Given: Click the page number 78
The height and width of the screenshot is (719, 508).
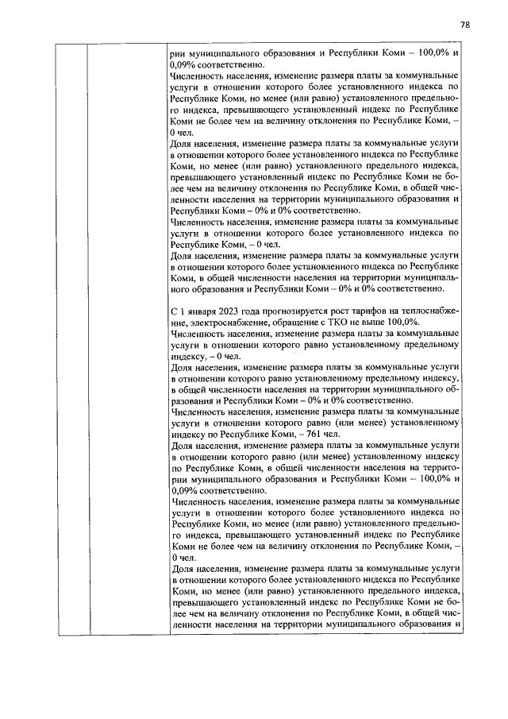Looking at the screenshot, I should pos(464,25).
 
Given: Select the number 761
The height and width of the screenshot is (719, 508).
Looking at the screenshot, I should pos(310,435).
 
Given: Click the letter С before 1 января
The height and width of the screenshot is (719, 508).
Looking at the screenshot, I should pos(174,310).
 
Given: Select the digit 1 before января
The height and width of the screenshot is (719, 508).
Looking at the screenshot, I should pos(183,310).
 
